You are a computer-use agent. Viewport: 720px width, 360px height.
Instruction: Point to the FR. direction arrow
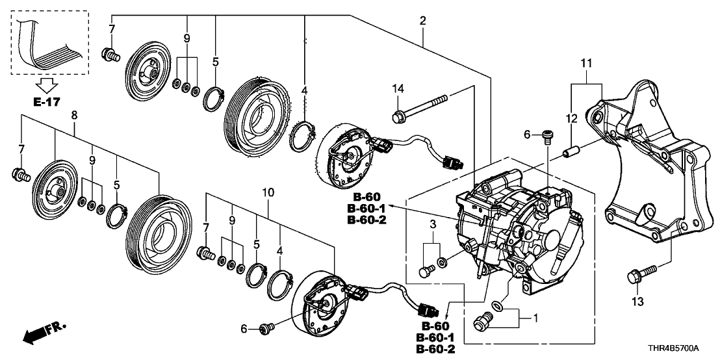pos(44,334)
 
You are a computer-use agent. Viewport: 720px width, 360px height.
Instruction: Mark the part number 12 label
pos(572,118)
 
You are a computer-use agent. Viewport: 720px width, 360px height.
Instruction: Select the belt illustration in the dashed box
pos(49,42)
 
